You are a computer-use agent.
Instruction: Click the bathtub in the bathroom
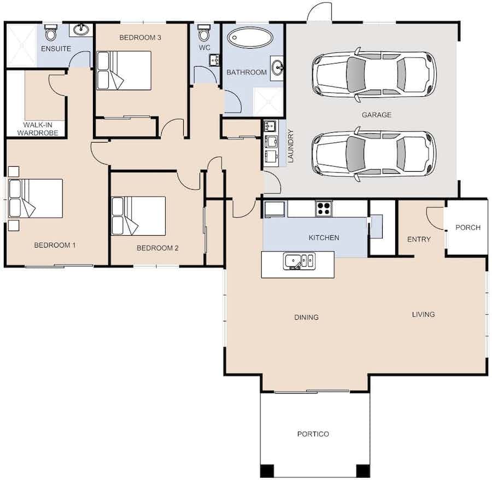250,38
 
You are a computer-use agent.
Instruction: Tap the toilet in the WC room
204,33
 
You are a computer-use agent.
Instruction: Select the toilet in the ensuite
50,33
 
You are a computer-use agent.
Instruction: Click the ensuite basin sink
81,30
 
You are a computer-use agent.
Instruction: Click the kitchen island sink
299,261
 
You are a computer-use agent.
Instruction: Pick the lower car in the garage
374,154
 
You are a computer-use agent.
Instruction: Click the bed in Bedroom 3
124,71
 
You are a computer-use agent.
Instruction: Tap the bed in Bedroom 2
138,216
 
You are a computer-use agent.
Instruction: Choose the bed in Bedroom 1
36,198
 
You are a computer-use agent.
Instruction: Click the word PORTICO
313,434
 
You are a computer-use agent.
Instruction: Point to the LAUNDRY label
291,146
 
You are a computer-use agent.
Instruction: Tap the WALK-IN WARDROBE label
38,129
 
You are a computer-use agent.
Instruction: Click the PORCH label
468,227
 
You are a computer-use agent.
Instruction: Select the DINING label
306,317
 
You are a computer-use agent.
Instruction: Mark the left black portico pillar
267,471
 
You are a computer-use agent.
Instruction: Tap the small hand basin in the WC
214,60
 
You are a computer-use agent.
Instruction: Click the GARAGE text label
377,115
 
